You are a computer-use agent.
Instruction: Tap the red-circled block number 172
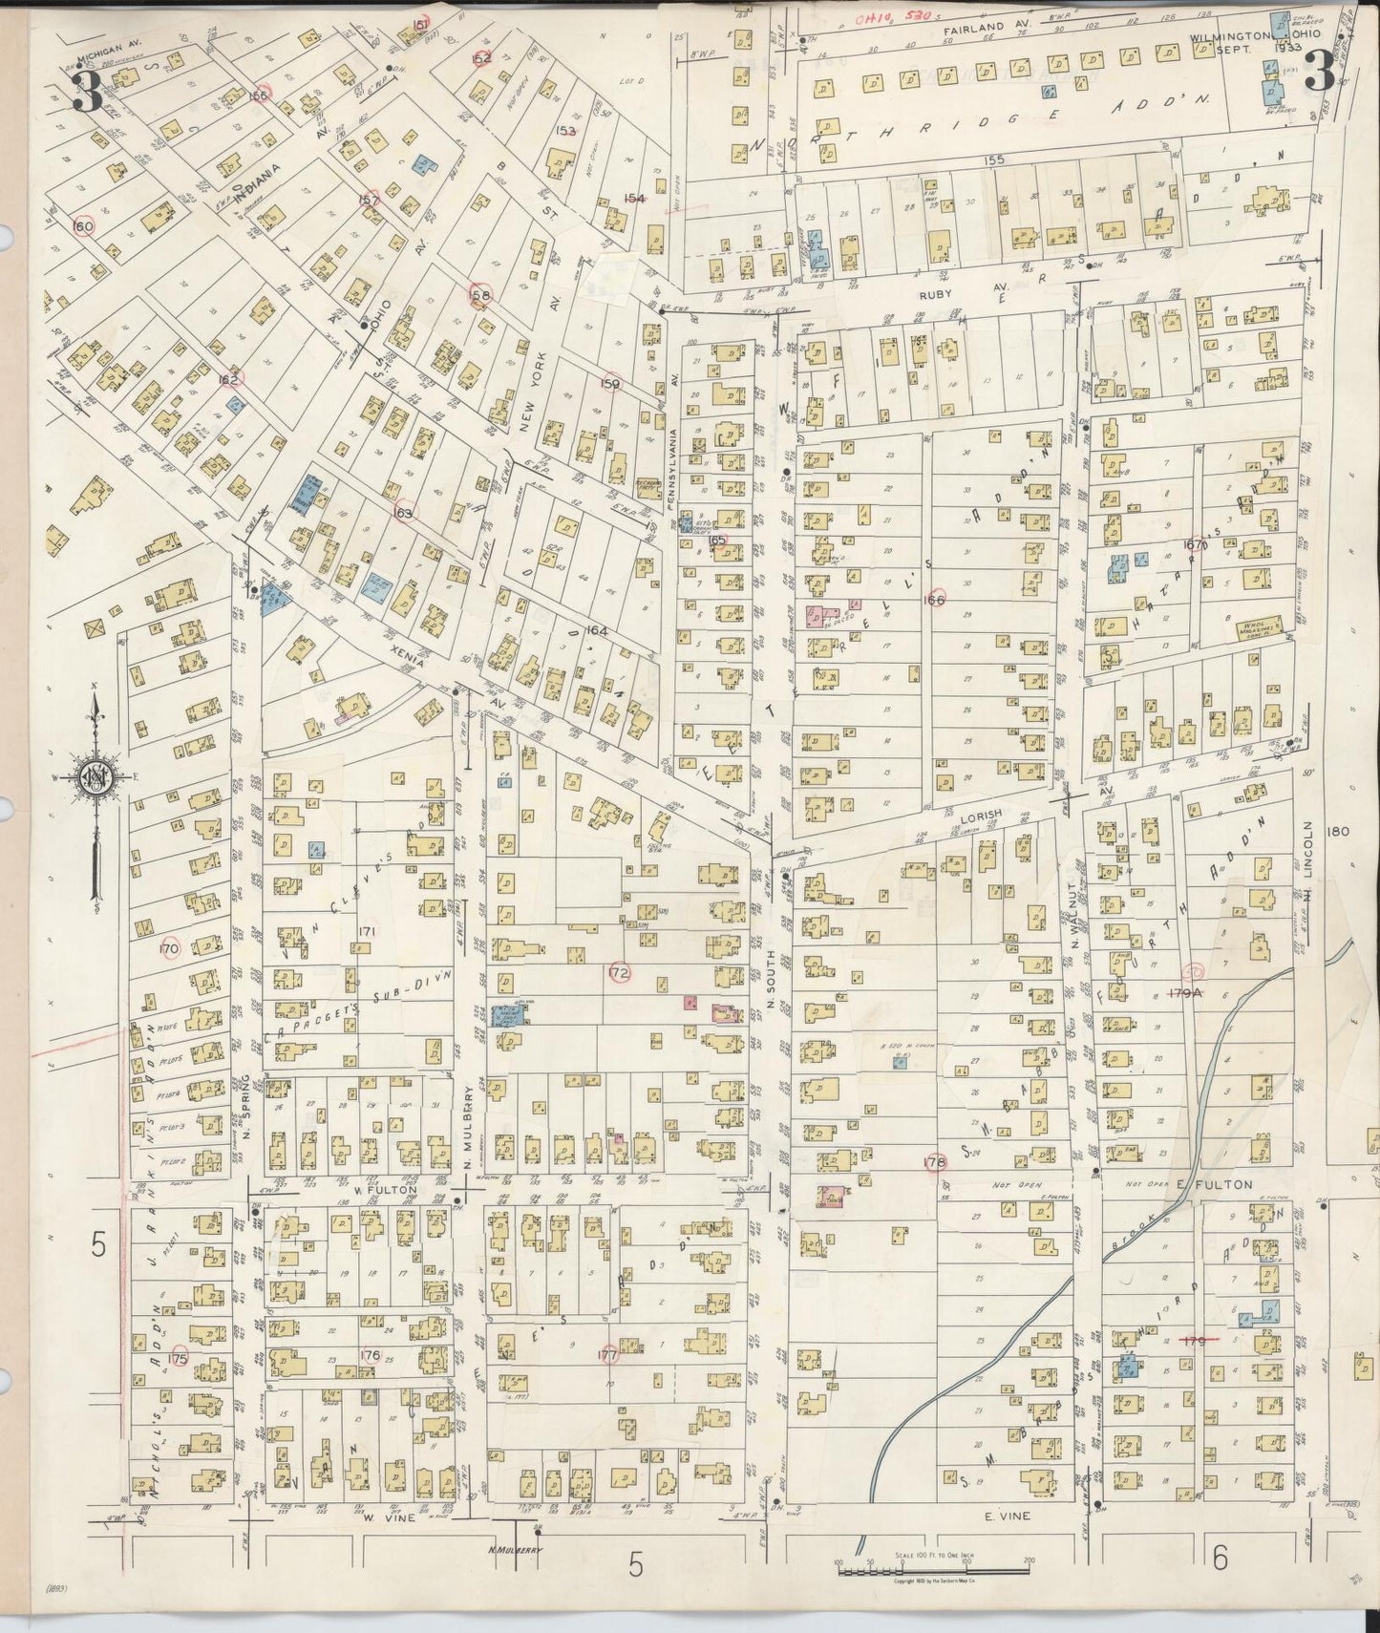[x=618, y=973]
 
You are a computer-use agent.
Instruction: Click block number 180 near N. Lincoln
[x=1337, y=831]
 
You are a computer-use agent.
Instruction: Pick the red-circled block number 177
[x=606, y=1353]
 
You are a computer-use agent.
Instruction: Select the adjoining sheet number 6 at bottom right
[x=1220, y=1559]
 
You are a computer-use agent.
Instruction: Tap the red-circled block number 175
[x=179, y=1357]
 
